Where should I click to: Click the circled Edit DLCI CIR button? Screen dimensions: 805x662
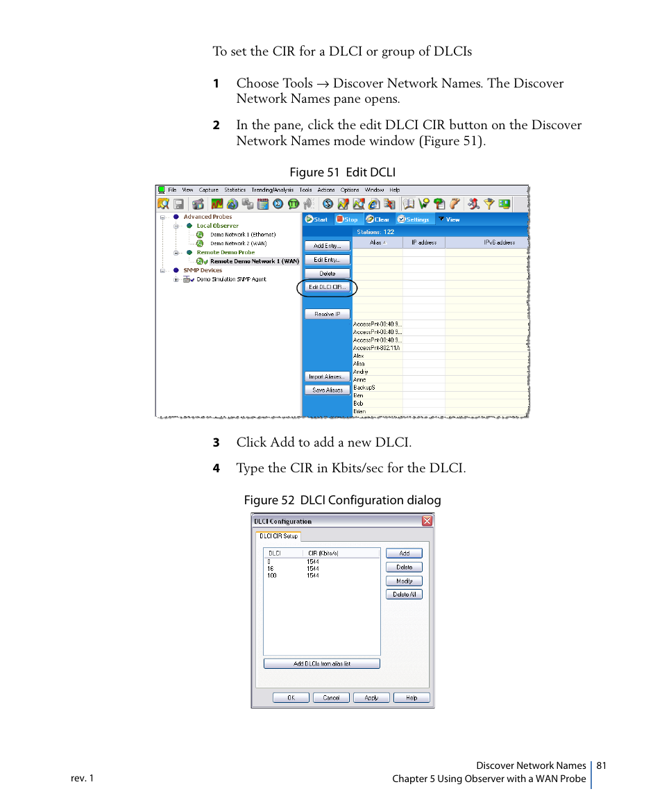[x=327, y=287]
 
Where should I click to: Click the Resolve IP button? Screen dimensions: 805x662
[x=327, y=314]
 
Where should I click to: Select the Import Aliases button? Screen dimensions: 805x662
[x=327, y=376]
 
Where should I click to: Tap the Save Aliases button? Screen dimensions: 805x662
[x=327, y=390]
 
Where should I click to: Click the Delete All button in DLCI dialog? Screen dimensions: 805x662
[x=404, y=595]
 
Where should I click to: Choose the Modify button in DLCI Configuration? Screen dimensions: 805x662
[x=404, y=581]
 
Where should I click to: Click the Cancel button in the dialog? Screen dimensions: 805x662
[x=331, y=697]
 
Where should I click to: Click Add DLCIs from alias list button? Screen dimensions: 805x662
[x=321, y=663]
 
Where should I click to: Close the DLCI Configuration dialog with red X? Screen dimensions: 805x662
[x=427, y=521]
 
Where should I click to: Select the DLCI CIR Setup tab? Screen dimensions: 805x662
[x=278, y=536]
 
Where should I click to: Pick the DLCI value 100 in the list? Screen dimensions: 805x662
[x=271, y=575]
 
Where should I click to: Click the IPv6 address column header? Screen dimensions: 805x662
[x=499, y=242]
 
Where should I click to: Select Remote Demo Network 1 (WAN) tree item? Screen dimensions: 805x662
[x=254, y=261]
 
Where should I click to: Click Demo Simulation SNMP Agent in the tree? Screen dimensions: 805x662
[x=230, y=279]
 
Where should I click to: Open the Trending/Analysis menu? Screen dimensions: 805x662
[x=272, y=190]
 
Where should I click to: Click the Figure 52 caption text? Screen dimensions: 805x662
[x=341, y=500]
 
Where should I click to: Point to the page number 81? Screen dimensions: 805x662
[x=601, y=765]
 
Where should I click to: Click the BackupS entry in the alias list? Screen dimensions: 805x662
[x=364, y=388]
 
